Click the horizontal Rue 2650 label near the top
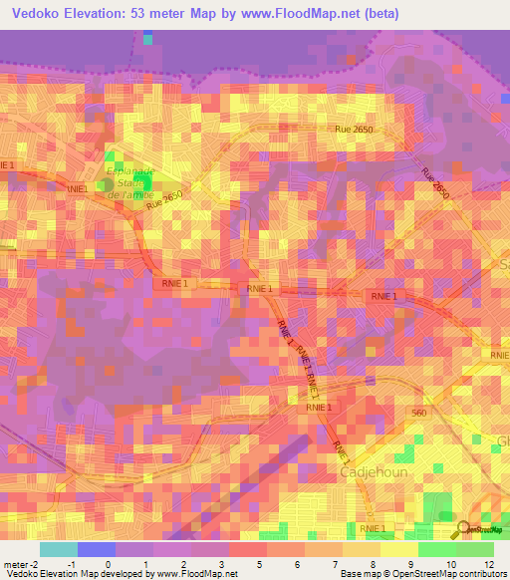click(x=355, y=130)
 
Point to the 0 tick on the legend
click(x=108, y=563)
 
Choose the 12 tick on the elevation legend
click(x=488, y=563)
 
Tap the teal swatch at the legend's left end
click(x=58, y=549)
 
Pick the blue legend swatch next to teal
click(x=96, y=549)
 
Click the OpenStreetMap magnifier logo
click(x=465, y=529)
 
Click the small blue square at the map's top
click(x=148, y=39)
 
